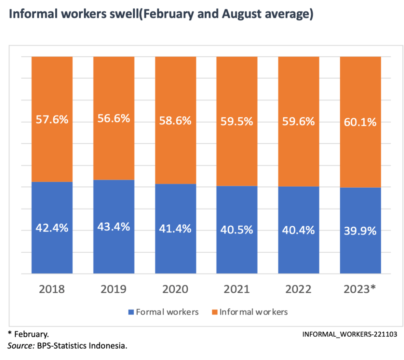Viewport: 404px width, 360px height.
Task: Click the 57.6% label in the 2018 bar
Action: pyautogui.click(x=52, y=119)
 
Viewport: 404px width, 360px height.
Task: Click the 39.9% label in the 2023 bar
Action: pyautogui.click(x=360, y=231)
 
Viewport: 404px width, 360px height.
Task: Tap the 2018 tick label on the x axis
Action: pyautogui.click(x=52, y=289)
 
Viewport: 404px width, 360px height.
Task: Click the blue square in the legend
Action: pyautogui.click(x=131, y=312)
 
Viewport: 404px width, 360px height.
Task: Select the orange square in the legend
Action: pyautogui.click(x=215, y=312)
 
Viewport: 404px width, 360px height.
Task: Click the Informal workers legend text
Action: pyautogui.click(x=254, y=312)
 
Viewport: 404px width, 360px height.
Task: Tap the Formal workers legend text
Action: pyautogui.click(x=167, y=312)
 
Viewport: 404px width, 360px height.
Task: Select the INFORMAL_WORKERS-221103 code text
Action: pyautogui.click(x=350, y=334)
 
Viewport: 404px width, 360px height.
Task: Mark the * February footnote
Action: pyautogui.click(x=28, y=334)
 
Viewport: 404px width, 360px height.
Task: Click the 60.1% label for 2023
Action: pyautogui.click(x=360, y=122)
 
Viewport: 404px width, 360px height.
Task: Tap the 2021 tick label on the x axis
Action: pyautogui.click(x=237, y=289)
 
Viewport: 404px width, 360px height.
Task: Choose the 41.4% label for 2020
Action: pyautogui.click(x=176, y=228)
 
